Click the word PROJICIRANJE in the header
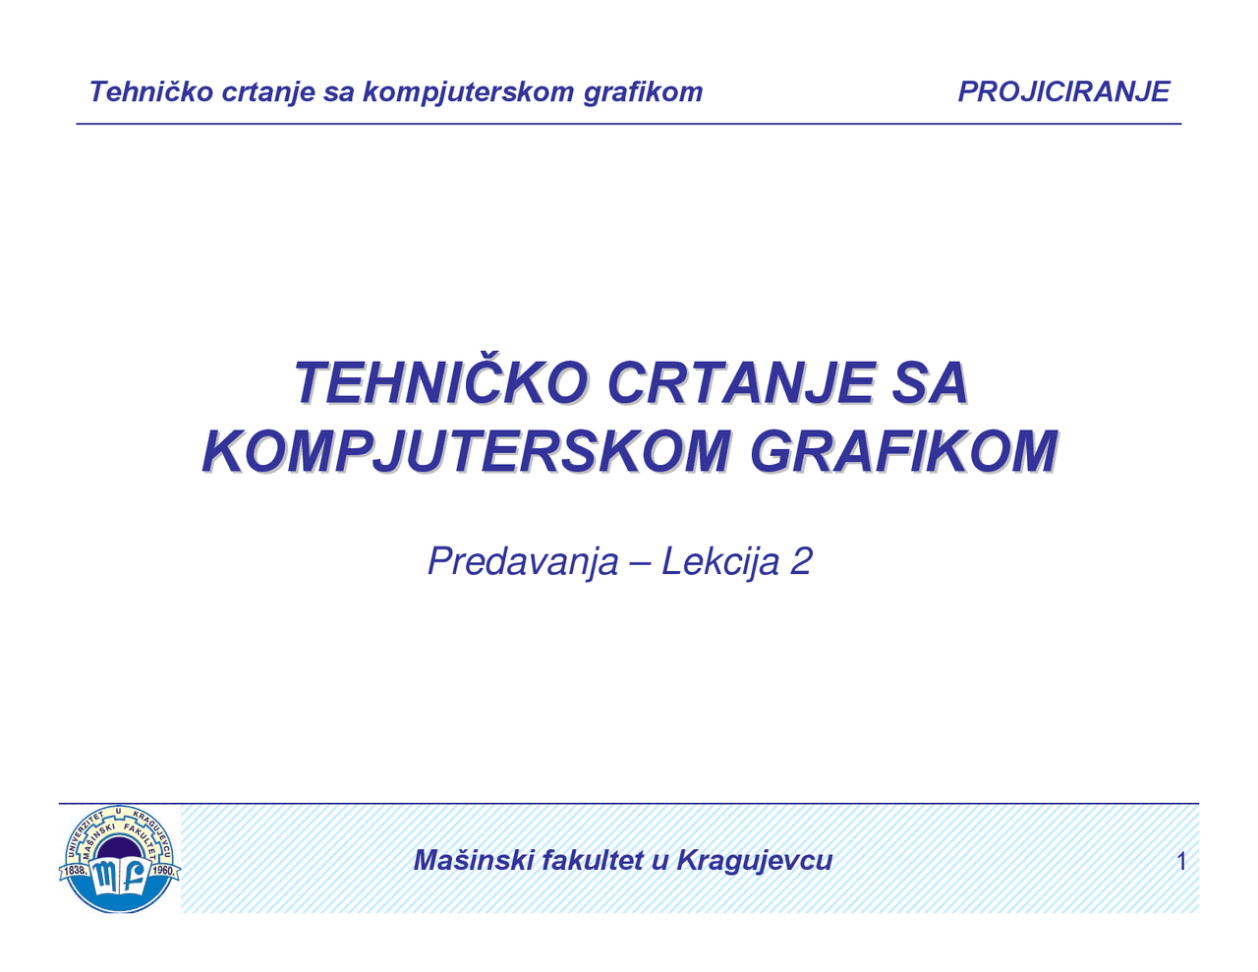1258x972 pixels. [x=1063, y=91]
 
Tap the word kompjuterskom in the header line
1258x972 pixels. [x=468, y=92]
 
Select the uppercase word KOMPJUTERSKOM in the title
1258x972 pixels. [x=466, y=452]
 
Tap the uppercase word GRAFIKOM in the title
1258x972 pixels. [x=904, y=452]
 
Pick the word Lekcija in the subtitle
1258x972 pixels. [x=720, y=562]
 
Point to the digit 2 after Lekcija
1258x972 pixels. [x=801, y=562]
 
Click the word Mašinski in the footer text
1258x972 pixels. [x=473, y=860]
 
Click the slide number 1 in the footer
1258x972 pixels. [x=1181, y=862]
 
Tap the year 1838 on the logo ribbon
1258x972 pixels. [x=77, y=871]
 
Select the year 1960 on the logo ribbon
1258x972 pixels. [x=162, y=871]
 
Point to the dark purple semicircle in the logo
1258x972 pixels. [x=119, y=847]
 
